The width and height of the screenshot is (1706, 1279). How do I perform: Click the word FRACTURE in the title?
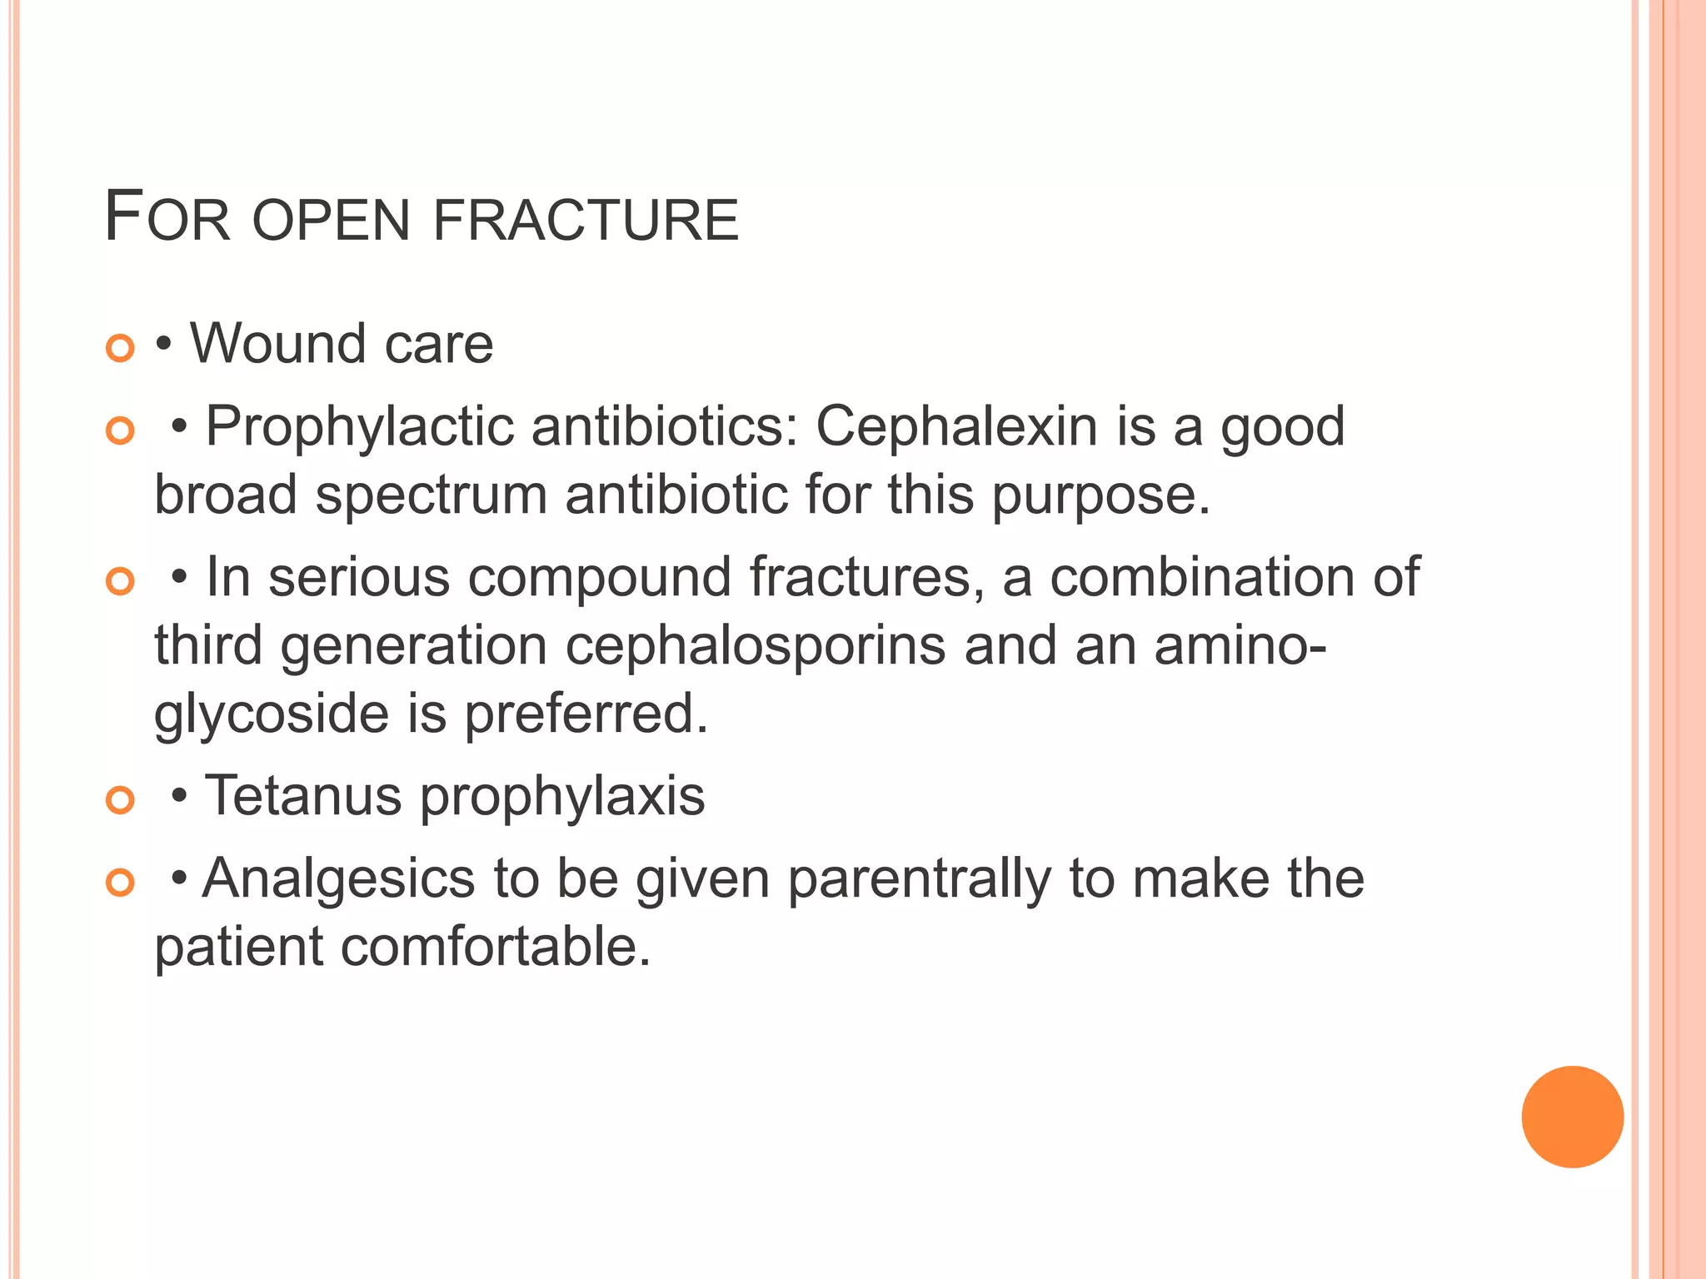586,220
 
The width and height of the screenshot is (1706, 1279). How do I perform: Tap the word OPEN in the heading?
331,220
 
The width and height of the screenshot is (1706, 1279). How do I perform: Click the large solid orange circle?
1572,1117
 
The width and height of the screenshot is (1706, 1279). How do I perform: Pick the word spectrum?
431,495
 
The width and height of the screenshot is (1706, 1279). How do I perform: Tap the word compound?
599,577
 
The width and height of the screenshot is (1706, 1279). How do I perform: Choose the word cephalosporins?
756,645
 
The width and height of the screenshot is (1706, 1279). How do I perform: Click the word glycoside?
272,714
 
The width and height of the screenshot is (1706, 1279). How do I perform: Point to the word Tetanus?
303,795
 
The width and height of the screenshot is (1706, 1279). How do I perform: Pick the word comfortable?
495,947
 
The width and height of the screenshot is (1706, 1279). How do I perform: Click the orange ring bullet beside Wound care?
121,348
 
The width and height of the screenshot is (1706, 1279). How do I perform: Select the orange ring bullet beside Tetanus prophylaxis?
121,800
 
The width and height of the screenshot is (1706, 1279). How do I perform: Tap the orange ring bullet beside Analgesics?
121,883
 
